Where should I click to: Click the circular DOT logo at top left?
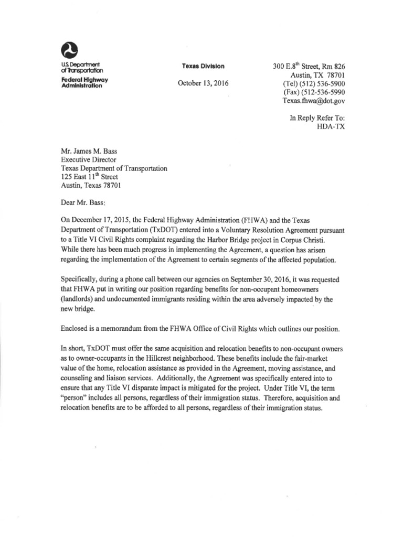coord(69,50)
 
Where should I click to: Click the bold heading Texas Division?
coord(203,66)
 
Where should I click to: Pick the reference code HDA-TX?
coord(331,127)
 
